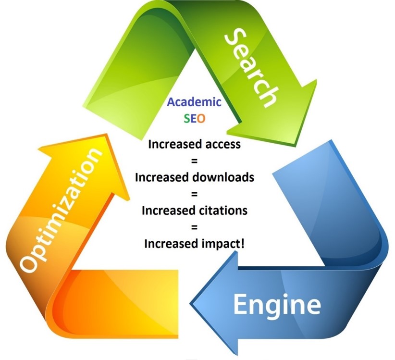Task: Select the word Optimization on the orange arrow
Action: (x=61, y=210)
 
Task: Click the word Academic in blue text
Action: (x=194, y=102)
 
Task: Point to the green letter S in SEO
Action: (x=186, y=118)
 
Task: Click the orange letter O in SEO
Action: (x=201, y=118)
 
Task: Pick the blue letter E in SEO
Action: (x=193, y=118)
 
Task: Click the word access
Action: (x=223, y=144)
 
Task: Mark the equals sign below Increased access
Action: (x=194, y=161)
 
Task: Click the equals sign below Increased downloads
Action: (x=194, y=194)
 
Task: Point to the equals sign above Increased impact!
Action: (x=194, y=227)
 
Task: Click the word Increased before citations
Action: (x=169, y=211)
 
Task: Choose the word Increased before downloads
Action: (x=162, y=177)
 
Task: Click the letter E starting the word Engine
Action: (x=240, y=304)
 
